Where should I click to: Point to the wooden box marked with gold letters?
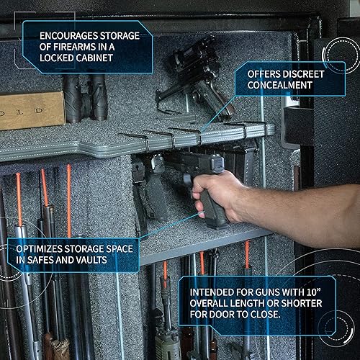[x=29, y=109]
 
